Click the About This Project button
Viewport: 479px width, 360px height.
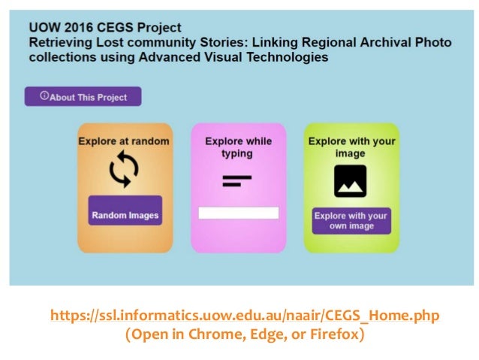[x=83, y=97]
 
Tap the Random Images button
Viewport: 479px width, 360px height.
[x=125, y=215]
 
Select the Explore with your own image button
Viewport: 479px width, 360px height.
[x=351, y=221]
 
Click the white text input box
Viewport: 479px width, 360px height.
[x=238, y=213]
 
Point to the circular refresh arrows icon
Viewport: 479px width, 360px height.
[x=125, y=170]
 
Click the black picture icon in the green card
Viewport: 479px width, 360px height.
[x=350, y=180]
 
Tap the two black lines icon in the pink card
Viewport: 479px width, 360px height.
[x=237, y=180]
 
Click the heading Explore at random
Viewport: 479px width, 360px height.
[x=125, y=141]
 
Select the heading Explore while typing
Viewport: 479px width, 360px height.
[x=238, y=147]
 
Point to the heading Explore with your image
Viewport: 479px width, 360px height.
[x=351, y=147]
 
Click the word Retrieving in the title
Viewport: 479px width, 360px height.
[x=61, y=43]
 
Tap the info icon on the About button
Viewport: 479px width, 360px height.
[x=44, y=96]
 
